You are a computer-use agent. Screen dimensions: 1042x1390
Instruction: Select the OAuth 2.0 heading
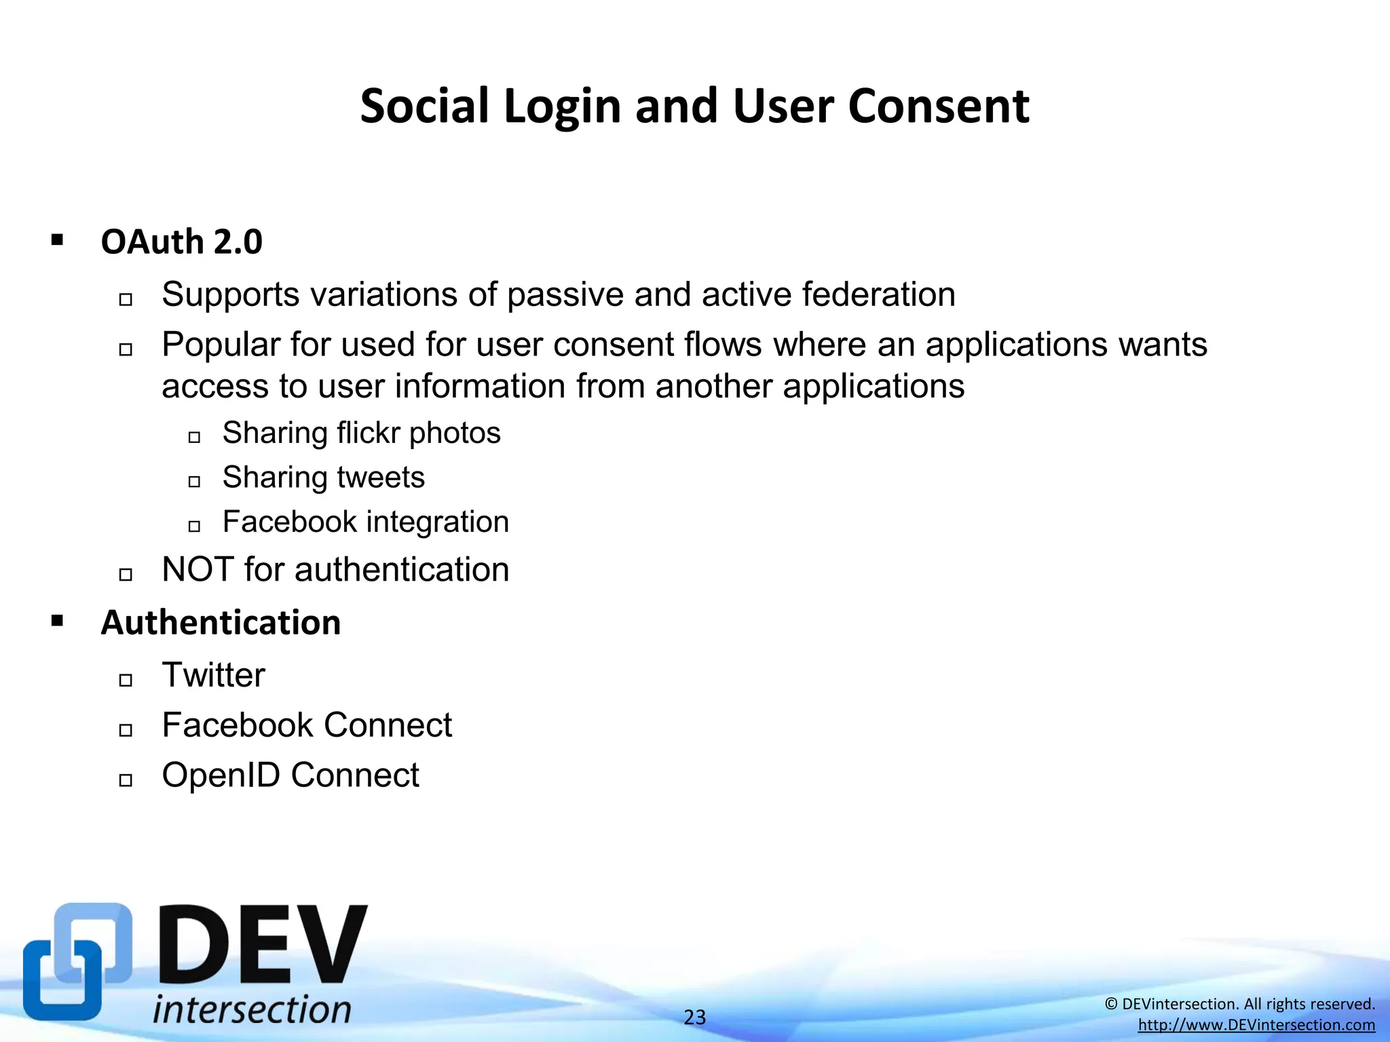tap(181, 242)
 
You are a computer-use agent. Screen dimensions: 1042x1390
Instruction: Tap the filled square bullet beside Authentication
tap(57, 620)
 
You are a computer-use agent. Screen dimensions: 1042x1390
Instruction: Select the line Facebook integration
tap(365, 522)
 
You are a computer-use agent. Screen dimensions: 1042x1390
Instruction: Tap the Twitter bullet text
tap(213, 675)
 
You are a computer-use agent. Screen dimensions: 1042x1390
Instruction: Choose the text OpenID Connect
tap(290, 775)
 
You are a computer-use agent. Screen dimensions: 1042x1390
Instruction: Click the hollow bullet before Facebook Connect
tap(126, 730)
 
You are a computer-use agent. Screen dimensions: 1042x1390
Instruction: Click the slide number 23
tap(694, 1017)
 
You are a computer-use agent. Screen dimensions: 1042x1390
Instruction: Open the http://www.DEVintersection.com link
tap(1256, 1025)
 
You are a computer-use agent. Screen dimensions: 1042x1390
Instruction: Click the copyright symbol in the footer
tap(1111, 1004)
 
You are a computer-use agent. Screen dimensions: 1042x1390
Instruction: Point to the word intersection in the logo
tap(252, 1009)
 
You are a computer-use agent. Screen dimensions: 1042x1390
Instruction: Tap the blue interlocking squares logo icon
tap(76, 961)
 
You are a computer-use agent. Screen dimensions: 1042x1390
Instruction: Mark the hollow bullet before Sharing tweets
tap(194, 482)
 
